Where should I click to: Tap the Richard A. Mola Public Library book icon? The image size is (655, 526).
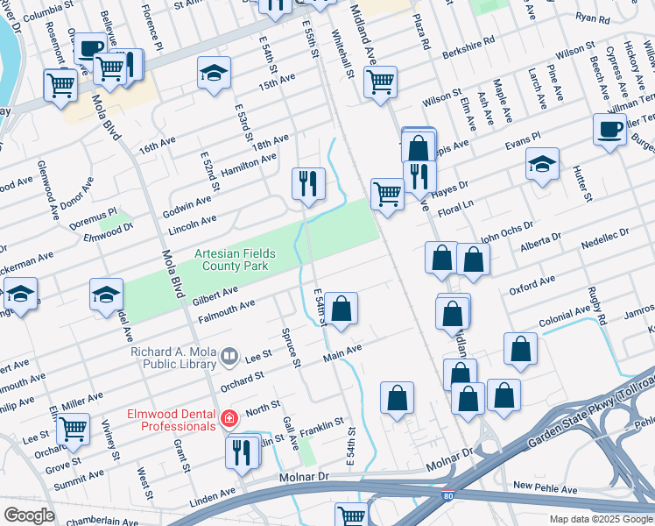coord(229,356)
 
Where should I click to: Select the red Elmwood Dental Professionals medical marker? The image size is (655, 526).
coord(229,419)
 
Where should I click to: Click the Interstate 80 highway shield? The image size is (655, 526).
coord(448,496)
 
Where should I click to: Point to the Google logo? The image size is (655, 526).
coord(29,515)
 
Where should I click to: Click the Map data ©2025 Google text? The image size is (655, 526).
coord(600,519)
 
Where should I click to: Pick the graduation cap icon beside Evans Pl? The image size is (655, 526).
coord(542,163)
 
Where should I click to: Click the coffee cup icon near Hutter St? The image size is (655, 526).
coord(609,129)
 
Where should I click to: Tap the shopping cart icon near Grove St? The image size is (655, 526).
coord(73,429)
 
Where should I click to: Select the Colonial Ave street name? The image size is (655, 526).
coord(565,317)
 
